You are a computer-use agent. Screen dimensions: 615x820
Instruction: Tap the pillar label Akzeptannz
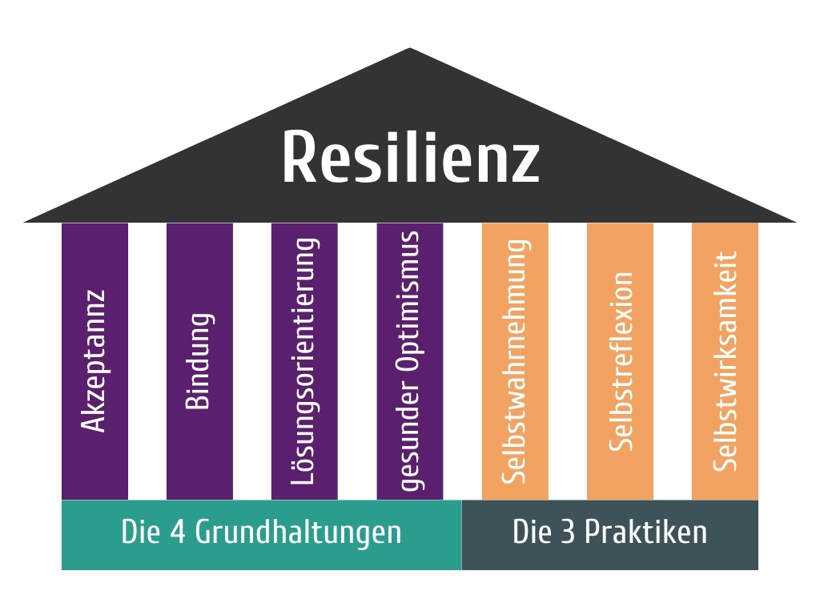pyautogui.click(x=94, y=360)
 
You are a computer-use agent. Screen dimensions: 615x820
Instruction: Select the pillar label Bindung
pyautogui.click(x=199, y=360)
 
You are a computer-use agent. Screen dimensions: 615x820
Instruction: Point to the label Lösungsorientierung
pyautogui.click(x=304, y=360)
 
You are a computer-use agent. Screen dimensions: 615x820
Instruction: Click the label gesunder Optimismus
pyautogui.click(x=409, y=360)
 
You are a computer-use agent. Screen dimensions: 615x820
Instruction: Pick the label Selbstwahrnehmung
pyautogui.click(x=515, y=360)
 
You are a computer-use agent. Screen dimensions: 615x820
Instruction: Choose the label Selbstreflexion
pyautogui.click(x=621, y=360)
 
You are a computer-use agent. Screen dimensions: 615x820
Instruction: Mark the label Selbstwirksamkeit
pyautogui.click(x=726, y=360)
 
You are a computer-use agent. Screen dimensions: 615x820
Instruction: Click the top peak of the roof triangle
pyautogui.click(x=410, y=50)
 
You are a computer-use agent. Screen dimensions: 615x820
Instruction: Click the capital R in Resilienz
pyautogui.click(x=300, y=157)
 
